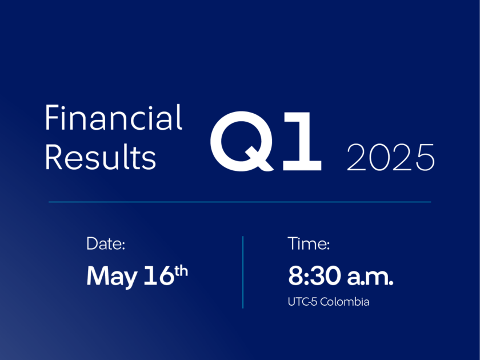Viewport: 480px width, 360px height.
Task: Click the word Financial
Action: point(114,118)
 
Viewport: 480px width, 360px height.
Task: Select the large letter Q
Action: point(242,141)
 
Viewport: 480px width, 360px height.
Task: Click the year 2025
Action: point(391,157)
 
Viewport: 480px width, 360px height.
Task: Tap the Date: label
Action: point(106,243)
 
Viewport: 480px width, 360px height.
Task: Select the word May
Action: point(112,277)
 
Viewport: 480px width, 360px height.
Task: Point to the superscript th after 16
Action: point(181,271)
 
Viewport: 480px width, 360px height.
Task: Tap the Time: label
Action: point(309,243)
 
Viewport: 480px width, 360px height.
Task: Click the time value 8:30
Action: point(314,276)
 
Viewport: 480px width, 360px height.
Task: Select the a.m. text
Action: point(370,278)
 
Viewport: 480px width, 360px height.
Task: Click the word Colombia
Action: point(345,302)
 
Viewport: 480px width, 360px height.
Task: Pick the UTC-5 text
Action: point(302,302)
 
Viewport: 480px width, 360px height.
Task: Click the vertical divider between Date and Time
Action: point(243,272)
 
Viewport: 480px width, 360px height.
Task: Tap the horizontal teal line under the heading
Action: point(239,202)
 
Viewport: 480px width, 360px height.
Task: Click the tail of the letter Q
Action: point(259,159)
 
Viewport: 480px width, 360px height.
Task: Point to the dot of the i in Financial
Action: point(63,107)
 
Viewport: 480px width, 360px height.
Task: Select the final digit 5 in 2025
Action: point(424,158)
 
